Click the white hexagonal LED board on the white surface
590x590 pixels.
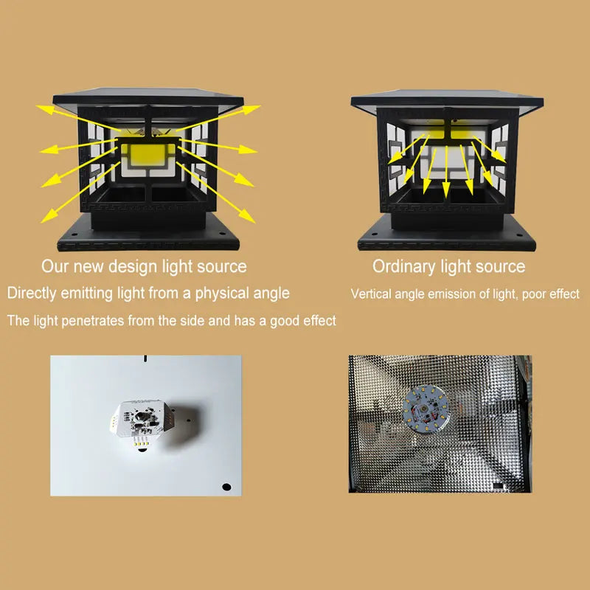(x=140, y=421)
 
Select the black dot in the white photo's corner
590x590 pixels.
(x=226, y=487)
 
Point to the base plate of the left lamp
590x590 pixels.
(x=148, y=235)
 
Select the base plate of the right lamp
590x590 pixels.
(x=447, y=235)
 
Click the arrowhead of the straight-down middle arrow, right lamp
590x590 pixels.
(x=446, y=190)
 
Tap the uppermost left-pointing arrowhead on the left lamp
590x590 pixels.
(x=45, y=109)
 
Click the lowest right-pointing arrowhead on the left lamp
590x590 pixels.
(x=246, y=216)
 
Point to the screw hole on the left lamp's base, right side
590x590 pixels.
(x=223, y=234)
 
